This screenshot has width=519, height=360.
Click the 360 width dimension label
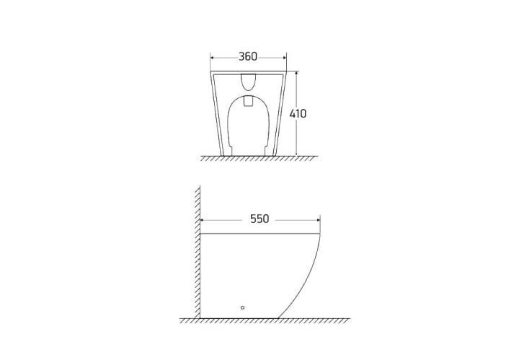(248, 56)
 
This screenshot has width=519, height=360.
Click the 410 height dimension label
(298, 113)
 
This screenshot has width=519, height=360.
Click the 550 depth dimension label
(259, 219)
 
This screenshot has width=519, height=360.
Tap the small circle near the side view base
(242, 307)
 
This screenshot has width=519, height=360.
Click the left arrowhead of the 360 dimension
(213, 58)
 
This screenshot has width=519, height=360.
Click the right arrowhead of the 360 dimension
(284, 58)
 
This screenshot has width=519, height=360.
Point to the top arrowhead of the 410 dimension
(296, 74)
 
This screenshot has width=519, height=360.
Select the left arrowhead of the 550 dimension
(203, 220)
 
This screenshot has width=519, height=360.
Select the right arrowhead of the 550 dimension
(317, 220)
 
